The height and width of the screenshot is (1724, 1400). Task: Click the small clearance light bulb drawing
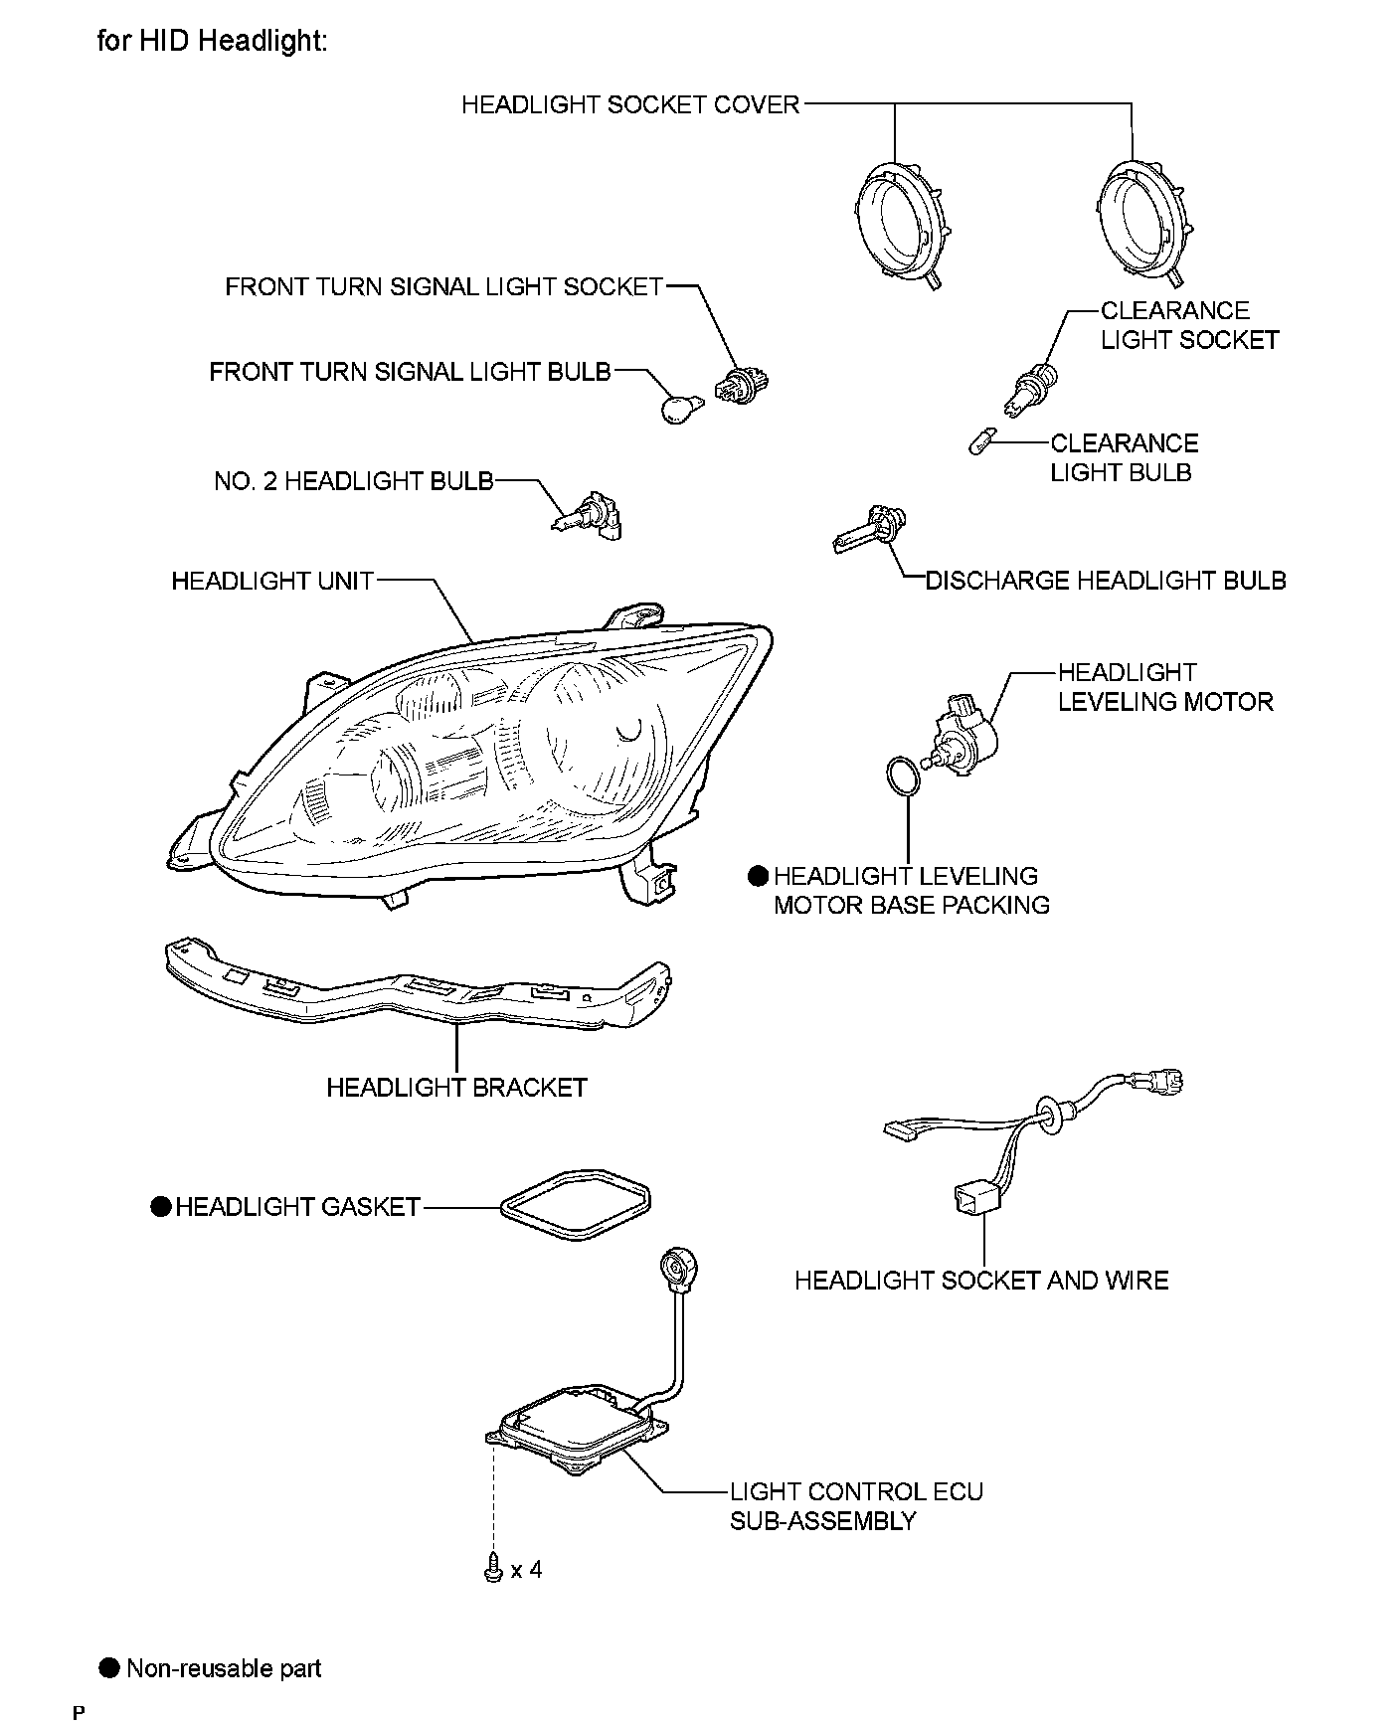pos(980,438)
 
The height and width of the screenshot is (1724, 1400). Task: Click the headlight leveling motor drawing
pos(962,733)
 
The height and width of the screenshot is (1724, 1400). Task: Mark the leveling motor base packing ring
pos(902,776)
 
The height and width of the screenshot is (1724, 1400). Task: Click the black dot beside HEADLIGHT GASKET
pos(160,1207)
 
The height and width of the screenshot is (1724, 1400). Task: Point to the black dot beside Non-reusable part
pos(109,1667)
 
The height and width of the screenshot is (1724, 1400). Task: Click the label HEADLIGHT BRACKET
pos(456,1088)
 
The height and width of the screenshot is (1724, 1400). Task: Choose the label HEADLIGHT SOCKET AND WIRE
pos(981,1281)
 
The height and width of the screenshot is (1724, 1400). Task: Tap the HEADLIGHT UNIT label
pos(272,581)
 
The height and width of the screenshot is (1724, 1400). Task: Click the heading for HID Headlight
pos(212,42)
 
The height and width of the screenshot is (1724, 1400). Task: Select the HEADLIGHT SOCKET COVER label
pos(630,104)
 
